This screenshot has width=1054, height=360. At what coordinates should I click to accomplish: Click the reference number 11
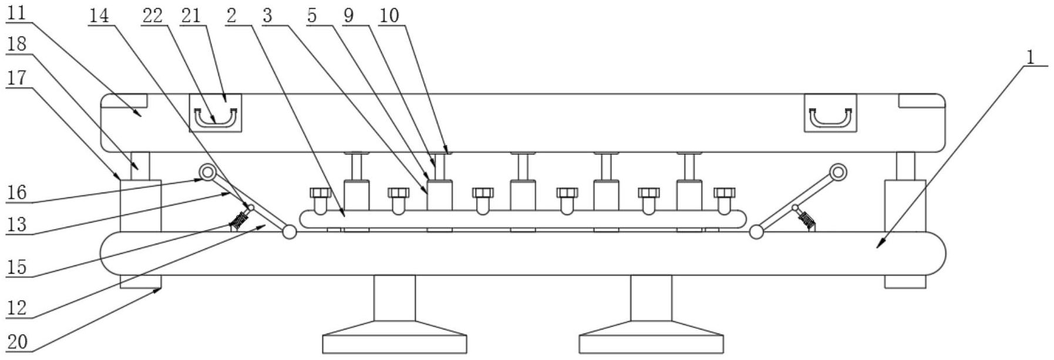16,13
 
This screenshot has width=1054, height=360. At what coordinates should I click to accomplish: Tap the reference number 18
16,44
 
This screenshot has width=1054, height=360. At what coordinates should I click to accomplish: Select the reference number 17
16,78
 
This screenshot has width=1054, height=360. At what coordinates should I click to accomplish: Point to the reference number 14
99,16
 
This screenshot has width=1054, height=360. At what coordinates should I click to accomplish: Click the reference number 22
152,16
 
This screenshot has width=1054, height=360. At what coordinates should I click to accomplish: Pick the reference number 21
191,16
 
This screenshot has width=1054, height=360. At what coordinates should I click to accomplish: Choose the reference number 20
18,342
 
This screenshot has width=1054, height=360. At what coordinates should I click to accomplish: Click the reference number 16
16,192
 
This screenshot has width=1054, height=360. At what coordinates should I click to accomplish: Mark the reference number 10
389,16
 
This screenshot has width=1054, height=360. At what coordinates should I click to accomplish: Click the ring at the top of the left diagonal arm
207,173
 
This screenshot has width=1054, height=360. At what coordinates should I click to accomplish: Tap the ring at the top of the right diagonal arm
838,172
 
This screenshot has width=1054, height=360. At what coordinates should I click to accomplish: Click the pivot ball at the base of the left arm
289,232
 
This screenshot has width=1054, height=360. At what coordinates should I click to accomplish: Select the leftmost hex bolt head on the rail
321,193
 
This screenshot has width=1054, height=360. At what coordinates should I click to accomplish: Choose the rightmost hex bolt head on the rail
724,193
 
